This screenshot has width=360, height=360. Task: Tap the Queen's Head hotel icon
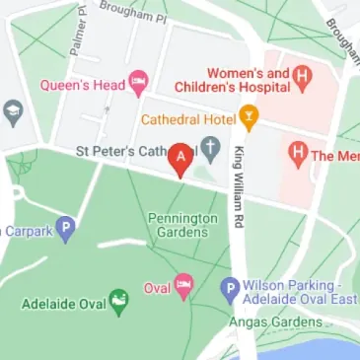click(139, 84)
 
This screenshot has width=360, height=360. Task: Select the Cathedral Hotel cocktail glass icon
click(250, 120)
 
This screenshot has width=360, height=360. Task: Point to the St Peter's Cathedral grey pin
click(210, 153)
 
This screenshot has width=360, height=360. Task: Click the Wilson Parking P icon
click(229, 289)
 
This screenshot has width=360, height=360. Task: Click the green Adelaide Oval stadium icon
click(119, 304)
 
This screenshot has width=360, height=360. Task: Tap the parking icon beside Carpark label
click(65, 230)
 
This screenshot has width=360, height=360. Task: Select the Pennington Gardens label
click(179, 225)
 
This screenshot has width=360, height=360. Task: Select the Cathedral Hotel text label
click(188, 120)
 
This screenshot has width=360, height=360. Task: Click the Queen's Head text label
click(82, 85)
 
